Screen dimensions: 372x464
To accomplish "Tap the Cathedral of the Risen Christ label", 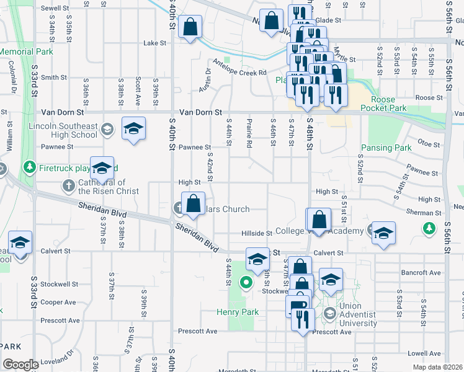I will [x=110, y=187].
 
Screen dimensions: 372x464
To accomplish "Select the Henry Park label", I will [x=237, y=312].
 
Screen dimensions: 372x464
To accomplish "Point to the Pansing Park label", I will [x=386, y=148].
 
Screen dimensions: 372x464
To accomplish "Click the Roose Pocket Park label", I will [x=396, y=104].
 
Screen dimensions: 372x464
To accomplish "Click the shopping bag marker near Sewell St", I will [x=189, y=27].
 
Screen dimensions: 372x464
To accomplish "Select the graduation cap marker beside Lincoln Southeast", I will [x=133, y=129].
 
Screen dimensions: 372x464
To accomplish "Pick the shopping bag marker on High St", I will [x=193, y=203].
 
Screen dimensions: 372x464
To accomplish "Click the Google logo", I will [x=20, y=364].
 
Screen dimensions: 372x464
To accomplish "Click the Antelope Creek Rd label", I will [x=239, y=73].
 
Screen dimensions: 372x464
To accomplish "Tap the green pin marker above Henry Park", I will [x=246, y=284].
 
